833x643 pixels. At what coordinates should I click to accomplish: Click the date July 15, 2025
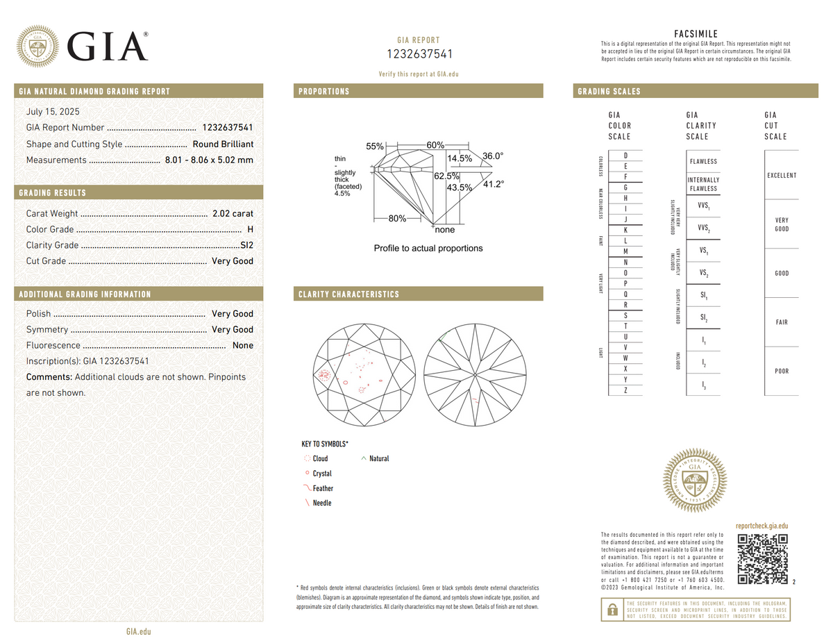[53, 111]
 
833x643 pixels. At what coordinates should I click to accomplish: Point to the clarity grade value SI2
[246, 245]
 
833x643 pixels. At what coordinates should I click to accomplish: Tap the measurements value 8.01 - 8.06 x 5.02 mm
[209, 160]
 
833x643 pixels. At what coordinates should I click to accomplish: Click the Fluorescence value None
[243, 345]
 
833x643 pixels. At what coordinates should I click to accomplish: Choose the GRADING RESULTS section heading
[53, 192]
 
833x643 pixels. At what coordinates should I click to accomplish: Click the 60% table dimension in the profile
[435, 145]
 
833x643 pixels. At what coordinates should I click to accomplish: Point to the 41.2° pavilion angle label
[493, 184]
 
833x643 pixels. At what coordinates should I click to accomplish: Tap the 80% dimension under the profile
[397, 219]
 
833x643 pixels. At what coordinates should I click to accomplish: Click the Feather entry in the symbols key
[322, 488]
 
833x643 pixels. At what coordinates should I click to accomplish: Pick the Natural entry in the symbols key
[379, 458]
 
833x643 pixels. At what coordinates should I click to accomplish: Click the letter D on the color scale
[626, 156]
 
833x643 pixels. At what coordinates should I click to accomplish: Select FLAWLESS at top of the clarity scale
[703, 162]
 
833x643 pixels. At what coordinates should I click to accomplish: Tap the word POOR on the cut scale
[781, 371]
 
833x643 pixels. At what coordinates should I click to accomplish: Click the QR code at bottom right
[762, 559]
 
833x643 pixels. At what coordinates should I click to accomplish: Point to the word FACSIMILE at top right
[696, 34]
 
